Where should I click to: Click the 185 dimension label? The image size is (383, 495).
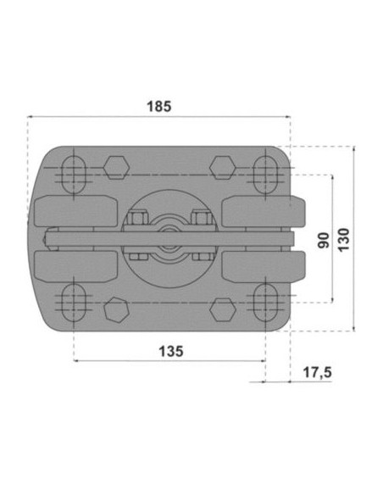point(159,107)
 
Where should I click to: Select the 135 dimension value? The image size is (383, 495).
point(171,351)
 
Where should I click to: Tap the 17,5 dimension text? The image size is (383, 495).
point(318,372)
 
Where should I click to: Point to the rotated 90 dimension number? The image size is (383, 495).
point(324,240)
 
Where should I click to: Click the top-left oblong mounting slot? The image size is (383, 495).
point(74,175)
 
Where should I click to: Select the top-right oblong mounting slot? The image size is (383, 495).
point(266,175)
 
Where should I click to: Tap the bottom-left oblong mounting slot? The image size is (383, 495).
point(74,302)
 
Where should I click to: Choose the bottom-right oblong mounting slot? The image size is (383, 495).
point(266,302)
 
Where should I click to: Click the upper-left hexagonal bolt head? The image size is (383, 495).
point(116,167)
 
